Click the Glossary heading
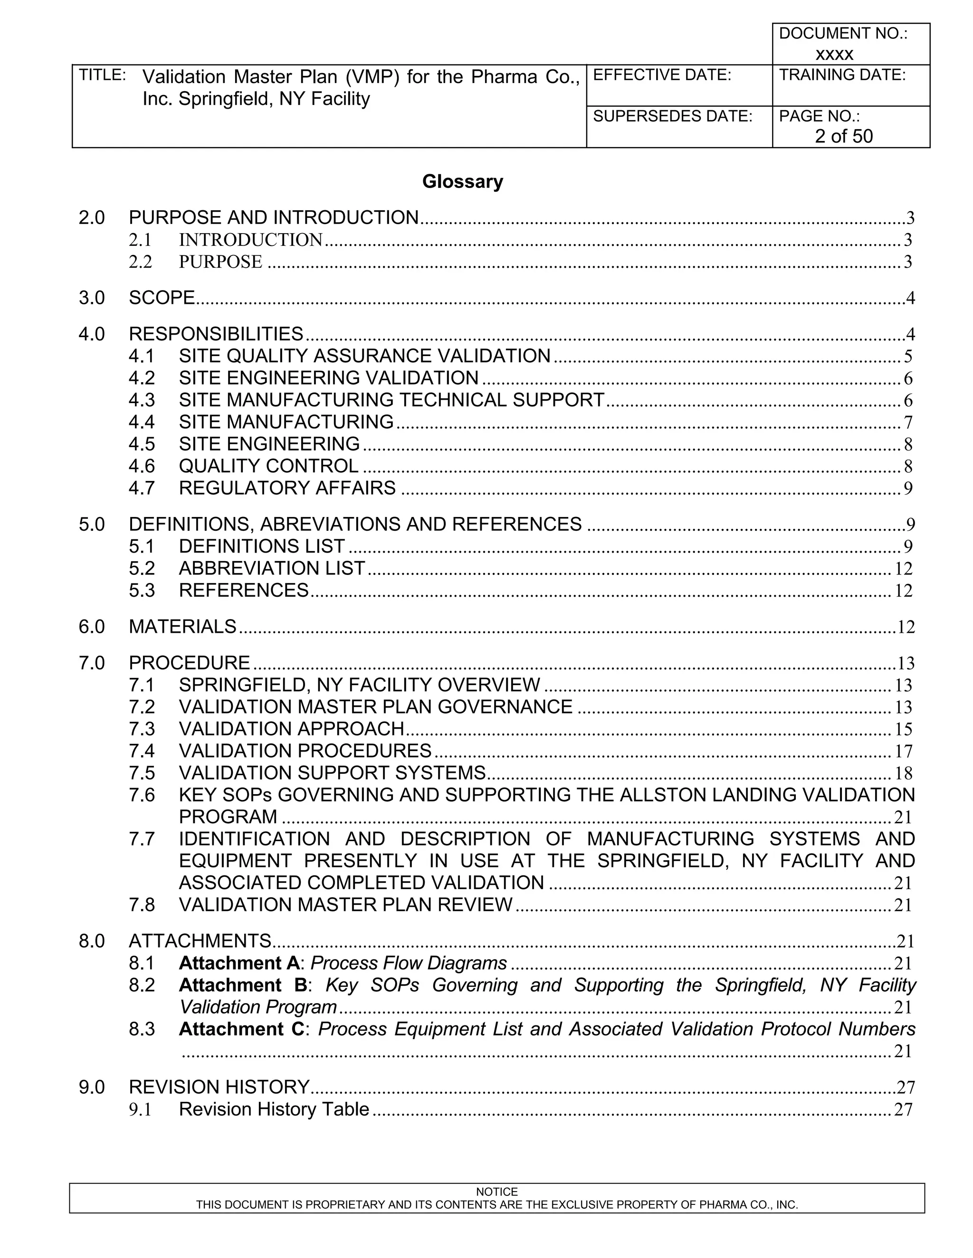(x=462, y=181)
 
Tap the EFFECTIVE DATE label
(x=662, y=75)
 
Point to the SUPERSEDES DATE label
(x=673, y=116)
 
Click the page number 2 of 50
(x=843, y=136)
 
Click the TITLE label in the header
(x=102, y=75)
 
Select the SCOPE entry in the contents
(x=162, y=298)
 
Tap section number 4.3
(x=142, y=400)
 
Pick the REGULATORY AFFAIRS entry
(x=287, y=488)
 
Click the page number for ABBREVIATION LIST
(x=903, y=569)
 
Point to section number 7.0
(x=92, y=663)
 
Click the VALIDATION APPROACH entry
(x=292, y=729)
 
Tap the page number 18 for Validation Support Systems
(x=903, y=773)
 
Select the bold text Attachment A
(x=239, y=963)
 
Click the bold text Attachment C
(x=241, y=1029)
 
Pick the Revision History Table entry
(x=274, y=1109)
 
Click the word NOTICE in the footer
(x=497, y=1192)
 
